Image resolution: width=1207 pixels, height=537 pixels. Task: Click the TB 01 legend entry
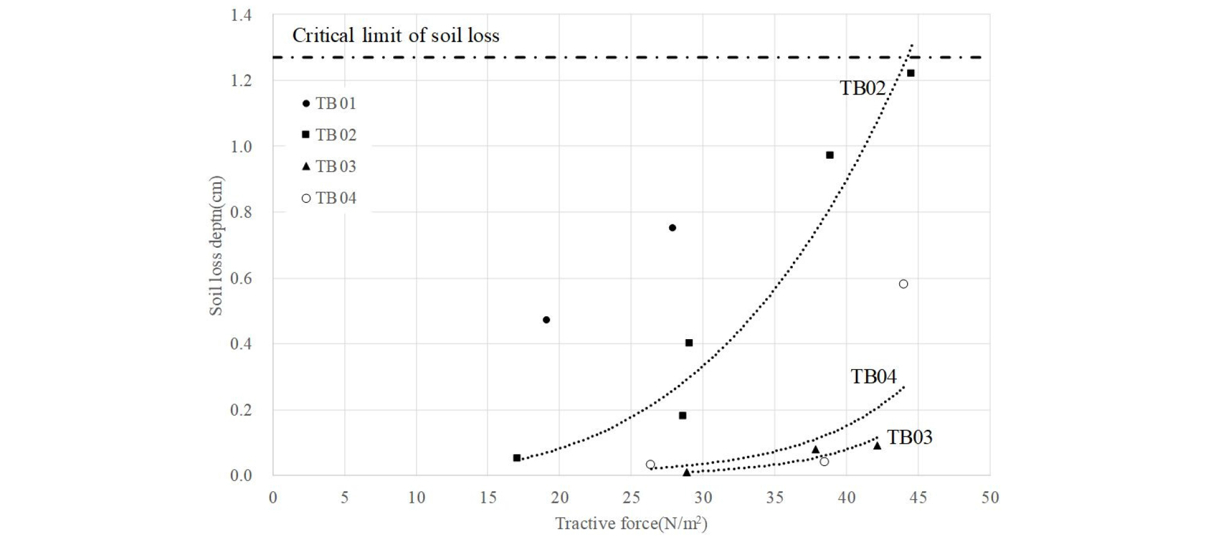click(x=329, y=103)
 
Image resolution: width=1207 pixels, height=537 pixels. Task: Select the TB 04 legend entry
click(x=329, y=198)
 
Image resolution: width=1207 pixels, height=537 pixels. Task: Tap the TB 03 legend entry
click(x=329, y=167)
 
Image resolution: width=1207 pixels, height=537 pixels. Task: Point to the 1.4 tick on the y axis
click(x=241, y=15)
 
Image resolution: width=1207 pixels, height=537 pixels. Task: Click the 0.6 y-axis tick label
click(x=241, y=278)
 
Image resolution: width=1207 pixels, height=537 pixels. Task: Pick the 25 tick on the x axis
click(x=631, y=498)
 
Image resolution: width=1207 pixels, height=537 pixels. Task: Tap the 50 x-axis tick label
click(x=989, y=498)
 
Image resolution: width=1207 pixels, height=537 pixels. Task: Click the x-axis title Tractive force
click(x=631, y=523)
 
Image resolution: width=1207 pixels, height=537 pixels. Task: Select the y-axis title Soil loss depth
click(x=216, y=245)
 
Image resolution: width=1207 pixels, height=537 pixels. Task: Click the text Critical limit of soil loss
click(x=396, y=36)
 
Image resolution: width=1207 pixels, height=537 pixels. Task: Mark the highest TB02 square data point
click(x=911, y=73)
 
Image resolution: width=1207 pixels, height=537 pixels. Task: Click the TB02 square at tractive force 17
click(x=517, y=458)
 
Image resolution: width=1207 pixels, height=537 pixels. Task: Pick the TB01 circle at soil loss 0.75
click(x=672, y=228)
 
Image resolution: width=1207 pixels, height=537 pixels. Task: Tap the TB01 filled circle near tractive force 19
click(x=546, y=320)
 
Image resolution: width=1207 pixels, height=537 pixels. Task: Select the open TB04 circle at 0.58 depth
click(x=903, y=284)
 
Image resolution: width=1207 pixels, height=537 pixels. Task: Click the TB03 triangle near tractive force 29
click(x=686, y=473)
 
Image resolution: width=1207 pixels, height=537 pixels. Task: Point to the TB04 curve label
click(x=873, y=377)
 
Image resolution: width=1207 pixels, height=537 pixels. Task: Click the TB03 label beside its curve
click(x=909, y=437)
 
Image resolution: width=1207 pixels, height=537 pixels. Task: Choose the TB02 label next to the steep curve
click(x=863, y=88)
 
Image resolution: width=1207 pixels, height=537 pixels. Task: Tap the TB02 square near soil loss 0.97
click(x=830, y=155)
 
